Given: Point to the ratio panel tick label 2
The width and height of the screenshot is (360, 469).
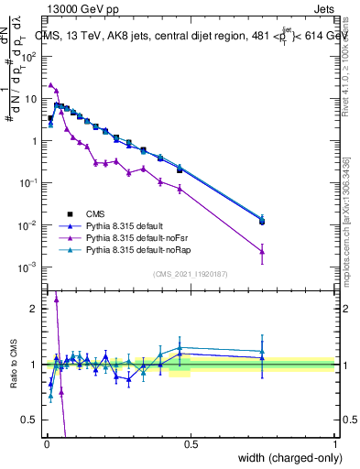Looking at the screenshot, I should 34,308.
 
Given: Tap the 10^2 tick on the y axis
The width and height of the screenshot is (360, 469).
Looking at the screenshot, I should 29,56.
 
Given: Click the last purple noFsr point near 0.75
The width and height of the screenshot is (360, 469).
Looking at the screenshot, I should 262,250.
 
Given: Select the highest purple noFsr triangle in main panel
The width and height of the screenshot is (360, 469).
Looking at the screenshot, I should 50,84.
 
